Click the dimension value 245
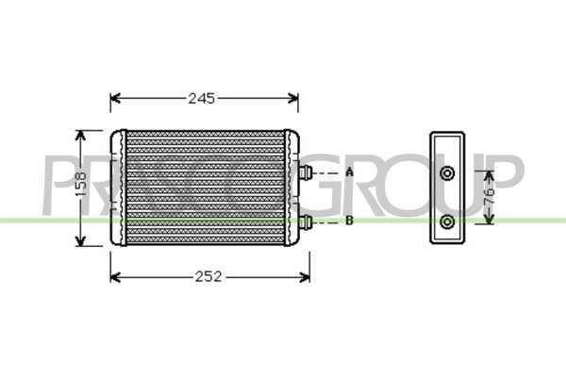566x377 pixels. click(202, 98)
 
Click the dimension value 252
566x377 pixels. click(208, 277)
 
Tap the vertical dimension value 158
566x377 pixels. click(81, 184)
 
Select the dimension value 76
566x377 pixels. click(489, 197)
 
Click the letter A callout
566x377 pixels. click(349, 172)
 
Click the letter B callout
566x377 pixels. click(349, 220)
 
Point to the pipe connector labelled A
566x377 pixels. click(306, 172)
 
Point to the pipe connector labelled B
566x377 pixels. click(306, 221)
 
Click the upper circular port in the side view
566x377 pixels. click(447, 173)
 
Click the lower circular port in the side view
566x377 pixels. click(447, 221)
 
